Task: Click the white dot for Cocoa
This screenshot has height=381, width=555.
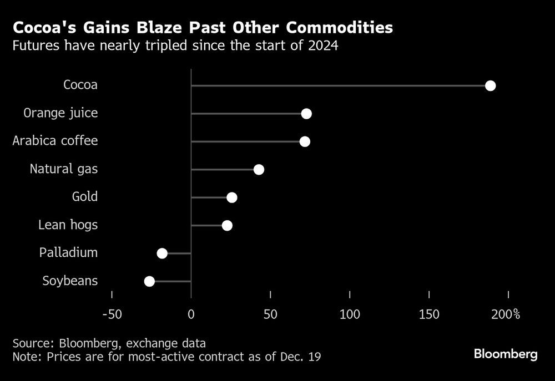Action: point(490,85)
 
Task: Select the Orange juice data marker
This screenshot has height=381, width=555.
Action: point(306,114)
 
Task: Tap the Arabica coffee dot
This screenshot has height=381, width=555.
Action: point(305,141)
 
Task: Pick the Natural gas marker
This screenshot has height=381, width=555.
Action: point(259,170)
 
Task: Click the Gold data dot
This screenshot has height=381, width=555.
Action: point(232,197)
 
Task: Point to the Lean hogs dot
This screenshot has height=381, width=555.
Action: point(227,225)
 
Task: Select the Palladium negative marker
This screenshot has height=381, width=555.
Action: point(162,253)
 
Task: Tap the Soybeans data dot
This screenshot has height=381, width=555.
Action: point(149,281)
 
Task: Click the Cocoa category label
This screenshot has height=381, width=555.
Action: point(80,85)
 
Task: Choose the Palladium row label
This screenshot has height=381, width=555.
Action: point(68,253)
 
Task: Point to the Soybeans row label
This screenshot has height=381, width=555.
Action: point(70,281)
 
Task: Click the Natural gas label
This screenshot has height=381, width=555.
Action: point(64,169)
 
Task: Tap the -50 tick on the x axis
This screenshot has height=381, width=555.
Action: point(112,314)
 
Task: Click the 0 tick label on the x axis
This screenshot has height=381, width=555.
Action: point(191,314)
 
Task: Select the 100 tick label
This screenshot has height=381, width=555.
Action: point(350,314)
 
